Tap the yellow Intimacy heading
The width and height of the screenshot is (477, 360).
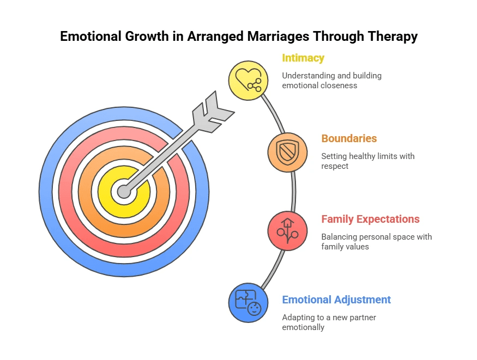click(x=303, y=58)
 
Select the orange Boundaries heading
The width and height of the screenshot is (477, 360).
click(x=349, y=138)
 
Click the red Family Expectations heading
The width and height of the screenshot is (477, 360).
click(x=370, y=219)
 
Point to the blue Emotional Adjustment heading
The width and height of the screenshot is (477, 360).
click(x=336, y=300)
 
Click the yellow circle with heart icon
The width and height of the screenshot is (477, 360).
click(x=248, y=80)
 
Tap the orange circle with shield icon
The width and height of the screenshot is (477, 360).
click(x=288, y=152)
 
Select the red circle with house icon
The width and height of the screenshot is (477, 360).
click(x=288, y=231)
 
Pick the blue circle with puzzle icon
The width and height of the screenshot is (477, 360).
click(x=248, y=303)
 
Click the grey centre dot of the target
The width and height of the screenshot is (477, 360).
click(x=124, y=192)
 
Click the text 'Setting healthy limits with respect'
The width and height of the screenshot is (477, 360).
click(x=367, y=161)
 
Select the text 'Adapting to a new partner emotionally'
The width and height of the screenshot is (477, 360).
click(x=329, y=322)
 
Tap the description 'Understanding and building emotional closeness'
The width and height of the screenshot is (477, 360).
click(x=331, y=80)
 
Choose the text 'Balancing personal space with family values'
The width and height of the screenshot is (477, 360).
click(x=376, y=241)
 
